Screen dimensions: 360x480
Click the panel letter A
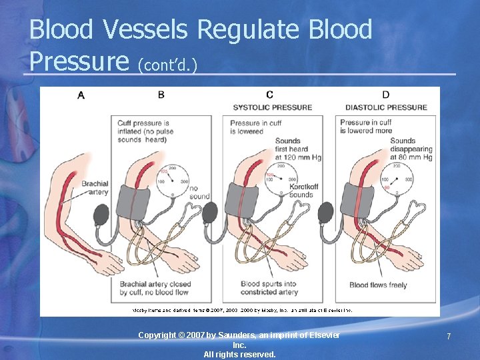coord(81,95)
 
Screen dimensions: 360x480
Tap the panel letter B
coord(161,95)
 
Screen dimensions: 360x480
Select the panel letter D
coord(385,95)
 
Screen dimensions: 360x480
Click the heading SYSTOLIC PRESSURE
coord(272,107)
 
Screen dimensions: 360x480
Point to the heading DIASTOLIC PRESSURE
coord(386,107)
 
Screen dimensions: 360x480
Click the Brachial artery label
coord(95,188)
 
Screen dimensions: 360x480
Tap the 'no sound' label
coord(199,193)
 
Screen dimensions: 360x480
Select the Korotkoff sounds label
coord(301,191)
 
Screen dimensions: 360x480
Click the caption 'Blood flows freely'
coord(378,285)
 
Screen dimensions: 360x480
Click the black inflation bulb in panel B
coord(103,216)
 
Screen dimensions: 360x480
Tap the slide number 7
coord(449,337)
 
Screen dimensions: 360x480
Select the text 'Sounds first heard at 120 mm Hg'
coord(297,149)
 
